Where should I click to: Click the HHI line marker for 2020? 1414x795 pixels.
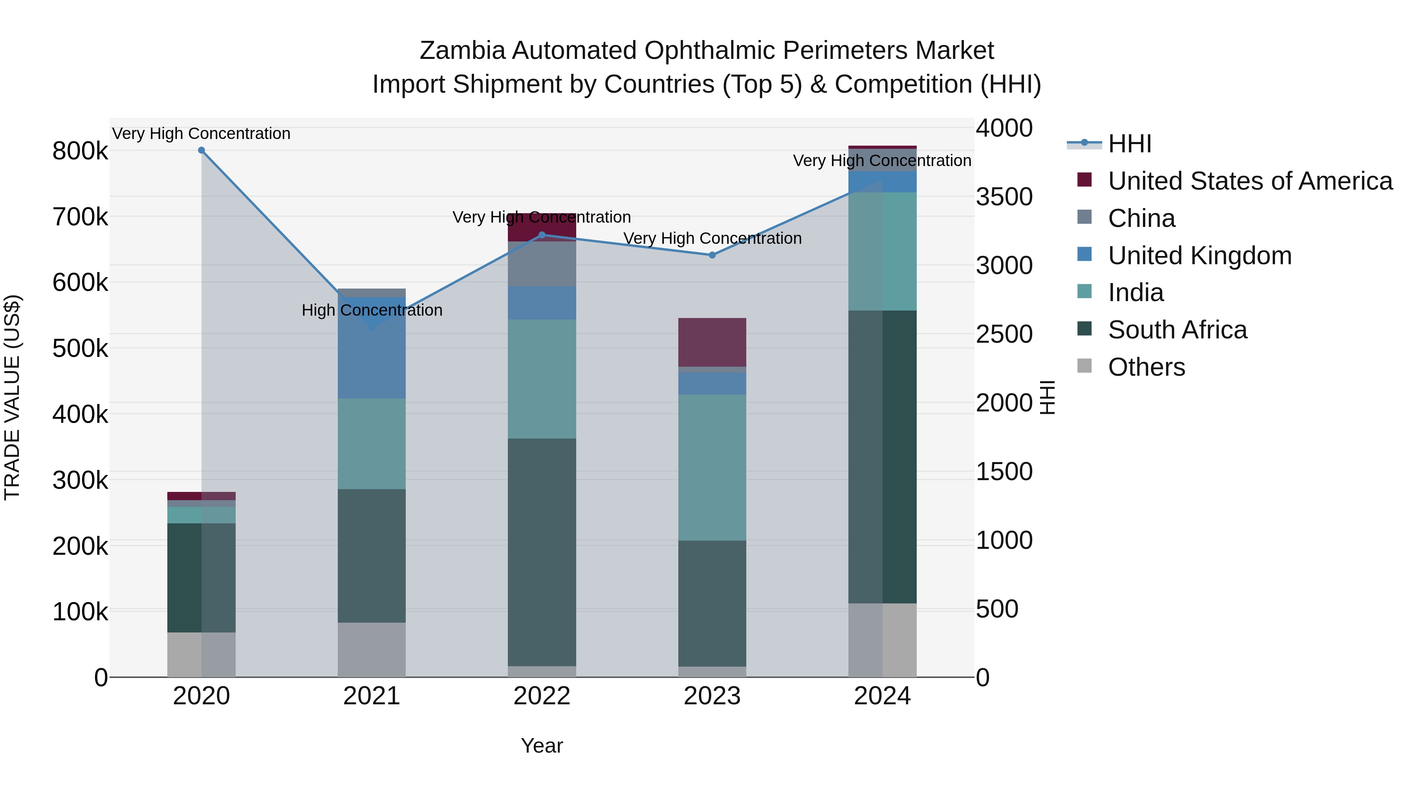point(201,150)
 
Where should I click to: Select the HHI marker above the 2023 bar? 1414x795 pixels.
point(712,255)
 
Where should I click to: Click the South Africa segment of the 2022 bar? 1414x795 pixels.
point(542,552)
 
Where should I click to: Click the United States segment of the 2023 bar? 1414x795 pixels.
point(712,342)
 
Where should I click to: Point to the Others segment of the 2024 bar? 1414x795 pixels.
point(882,640)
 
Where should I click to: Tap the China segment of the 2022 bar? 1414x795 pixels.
point(542,264)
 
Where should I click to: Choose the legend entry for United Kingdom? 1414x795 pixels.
point(1200,256)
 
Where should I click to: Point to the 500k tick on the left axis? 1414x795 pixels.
point(80,348)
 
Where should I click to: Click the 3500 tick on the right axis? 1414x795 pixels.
point(1004,197)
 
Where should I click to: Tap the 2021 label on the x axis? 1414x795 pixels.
point(372,696)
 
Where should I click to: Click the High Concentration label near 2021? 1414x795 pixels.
point(372,311)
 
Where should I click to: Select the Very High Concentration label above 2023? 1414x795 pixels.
point(712,239)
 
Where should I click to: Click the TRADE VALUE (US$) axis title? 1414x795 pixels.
point(12,397)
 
